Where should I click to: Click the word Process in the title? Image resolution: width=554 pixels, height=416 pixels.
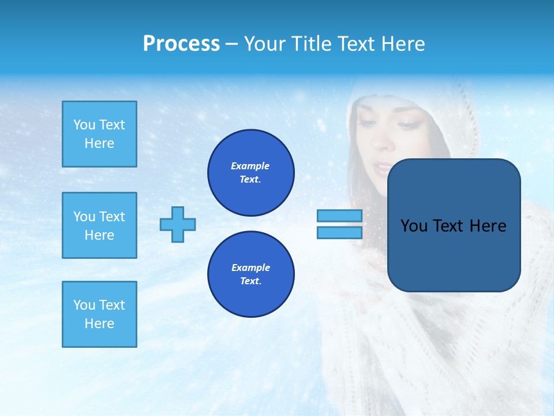point(181,44)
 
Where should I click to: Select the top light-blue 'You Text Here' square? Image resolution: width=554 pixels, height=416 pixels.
point(99,134)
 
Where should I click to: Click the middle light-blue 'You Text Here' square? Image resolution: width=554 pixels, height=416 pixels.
point(99,225)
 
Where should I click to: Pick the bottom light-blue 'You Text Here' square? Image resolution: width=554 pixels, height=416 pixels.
point(99,314)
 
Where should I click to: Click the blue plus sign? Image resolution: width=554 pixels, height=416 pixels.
point(178,225)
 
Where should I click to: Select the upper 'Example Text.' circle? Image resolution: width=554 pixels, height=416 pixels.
point(250,173)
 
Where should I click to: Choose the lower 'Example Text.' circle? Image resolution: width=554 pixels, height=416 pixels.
point(250,274)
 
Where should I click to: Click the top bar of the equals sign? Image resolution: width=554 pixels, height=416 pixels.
point(339,216)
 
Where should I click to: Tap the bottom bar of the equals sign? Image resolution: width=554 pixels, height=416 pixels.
point(339,233)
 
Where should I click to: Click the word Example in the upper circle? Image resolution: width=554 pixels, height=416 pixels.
point(250,166)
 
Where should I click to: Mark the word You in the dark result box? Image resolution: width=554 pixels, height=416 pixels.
point(414,226)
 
